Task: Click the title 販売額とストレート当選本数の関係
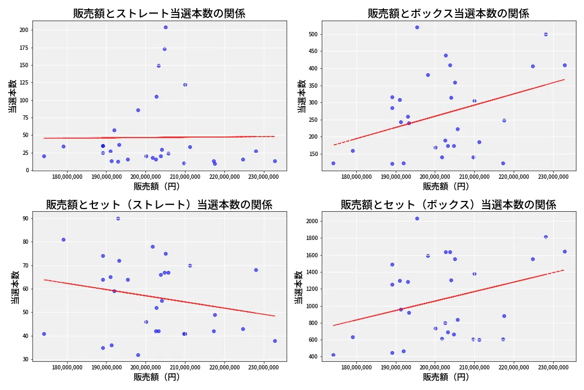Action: point(159,14)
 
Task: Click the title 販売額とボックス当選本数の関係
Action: point(448,14)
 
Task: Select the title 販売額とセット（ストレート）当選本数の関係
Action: point(159,205)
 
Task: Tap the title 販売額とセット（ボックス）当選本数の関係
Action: point(448,205)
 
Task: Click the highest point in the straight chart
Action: point(165,27)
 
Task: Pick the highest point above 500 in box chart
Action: point(417,27)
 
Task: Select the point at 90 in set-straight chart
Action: point(118,218)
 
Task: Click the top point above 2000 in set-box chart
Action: point(417,218)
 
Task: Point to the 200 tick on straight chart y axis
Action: point(23,30)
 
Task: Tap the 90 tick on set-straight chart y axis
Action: point(25,218)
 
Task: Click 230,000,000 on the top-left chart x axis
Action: point(263,177)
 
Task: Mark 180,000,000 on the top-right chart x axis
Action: point(356,177)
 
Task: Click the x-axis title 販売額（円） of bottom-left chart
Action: point(159,378)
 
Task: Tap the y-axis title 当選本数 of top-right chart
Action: point(302,96)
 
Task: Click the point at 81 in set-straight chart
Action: point(63,239)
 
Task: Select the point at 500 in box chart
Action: point(546,34)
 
